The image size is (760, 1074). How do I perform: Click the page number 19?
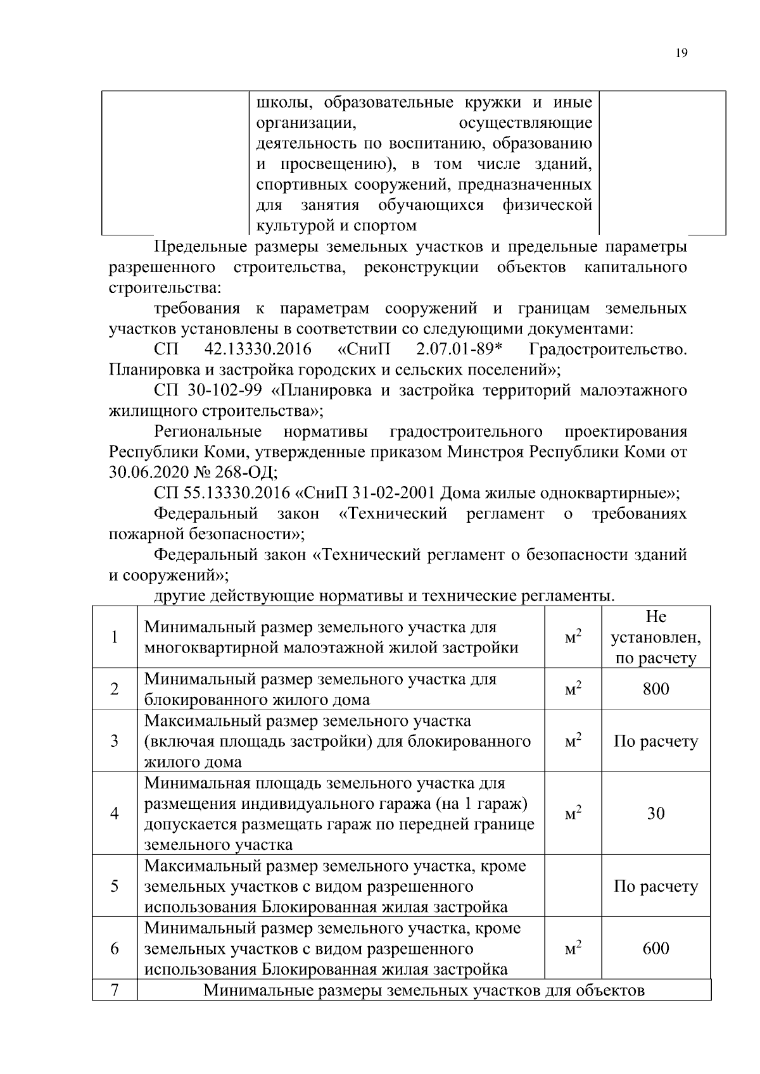[681, 53]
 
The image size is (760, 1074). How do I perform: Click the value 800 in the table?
[655, 689]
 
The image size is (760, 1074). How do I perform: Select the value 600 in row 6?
[655, 949]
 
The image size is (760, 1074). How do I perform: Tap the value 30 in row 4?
[655, 814]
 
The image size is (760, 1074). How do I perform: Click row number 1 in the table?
[114, 637]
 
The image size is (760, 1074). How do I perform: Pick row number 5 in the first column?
[114, 886]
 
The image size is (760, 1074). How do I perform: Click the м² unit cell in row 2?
[573, 689]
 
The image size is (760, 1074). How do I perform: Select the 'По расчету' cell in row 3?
[655, 741]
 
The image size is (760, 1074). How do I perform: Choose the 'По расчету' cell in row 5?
[655, 886]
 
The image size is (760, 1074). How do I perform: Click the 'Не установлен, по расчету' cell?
[655, 637]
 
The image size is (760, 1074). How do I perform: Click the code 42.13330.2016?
[258, 350]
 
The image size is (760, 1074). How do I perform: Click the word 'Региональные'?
[208, 432]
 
